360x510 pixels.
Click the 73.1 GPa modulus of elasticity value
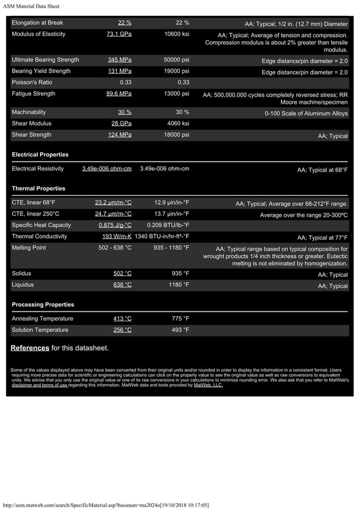(x=119, y=34)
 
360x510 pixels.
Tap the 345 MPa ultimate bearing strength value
(x=120, y=60)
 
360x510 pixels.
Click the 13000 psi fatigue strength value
(x=177, y=94)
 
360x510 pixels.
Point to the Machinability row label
(x=29, y=112)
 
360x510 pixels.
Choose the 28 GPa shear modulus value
(x=121, y=123)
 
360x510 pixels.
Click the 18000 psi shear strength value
(x=177, y=134)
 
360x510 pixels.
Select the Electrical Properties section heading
(x=40, y=155)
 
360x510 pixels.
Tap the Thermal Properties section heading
(x=38, y=189)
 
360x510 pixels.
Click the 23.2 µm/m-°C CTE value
(x=113, y=203)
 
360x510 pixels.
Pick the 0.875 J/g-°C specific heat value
(x=115, y=225)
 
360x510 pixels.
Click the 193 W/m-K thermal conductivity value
(x=117, y=237)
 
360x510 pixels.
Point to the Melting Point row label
(x=29, y=248)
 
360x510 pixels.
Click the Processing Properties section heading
(x=43, y=304)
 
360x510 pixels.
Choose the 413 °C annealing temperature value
(x=122, y=319)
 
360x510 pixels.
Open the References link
(x=30, y=347)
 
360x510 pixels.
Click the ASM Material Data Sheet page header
(x=31, y=6)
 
